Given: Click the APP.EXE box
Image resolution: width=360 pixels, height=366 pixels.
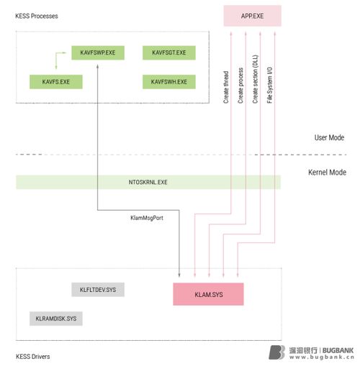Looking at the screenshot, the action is [252, 16].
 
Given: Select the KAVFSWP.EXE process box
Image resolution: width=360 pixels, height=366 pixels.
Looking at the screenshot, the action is [98, 52].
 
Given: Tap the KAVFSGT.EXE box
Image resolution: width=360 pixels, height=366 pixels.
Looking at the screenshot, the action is [169, 52].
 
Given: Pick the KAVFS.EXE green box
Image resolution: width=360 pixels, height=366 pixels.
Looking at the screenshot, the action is [56, 82].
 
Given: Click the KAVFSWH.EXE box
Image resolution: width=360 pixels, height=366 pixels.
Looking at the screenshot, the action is [169, 82].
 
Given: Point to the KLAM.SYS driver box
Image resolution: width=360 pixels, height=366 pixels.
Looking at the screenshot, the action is [208, 294].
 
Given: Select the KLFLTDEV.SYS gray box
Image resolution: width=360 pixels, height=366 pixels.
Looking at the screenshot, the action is [98, 290].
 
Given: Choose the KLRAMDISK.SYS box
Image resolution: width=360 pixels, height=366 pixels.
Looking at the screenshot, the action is [56, 319].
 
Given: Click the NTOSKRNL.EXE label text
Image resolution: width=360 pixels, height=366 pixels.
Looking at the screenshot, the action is [148, 182].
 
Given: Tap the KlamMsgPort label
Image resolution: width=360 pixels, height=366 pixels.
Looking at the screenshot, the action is [147, 218].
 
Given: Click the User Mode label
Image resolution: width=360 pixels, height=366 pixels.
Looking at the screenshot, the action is [329, 137].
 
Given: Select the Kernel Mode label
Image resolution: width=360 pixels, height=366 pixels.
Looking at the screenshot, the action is [327, 173].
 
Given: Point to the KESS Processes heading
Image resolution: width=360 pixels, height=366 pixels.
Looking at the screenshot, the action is [37, 16].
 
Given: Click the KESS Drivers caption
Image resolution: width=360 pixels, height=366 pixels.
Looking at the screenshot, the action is [33, 357].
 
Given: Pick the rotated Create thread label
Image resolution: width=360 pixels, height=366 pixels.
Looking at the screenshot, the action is [226, 87].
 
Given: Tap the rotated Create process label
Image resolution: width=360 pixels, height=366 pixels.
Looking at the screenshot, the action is [240, 86].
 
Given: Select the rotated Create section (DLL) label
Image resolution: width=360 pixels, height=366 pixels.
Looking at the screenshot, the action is [255, 79].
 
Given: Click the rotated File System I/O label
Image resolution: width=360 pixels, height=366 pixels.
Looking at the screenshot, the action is [269, 85].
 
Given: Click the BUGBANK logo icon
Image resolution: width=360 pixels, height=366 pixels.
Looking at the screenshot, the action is [276, 352].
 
